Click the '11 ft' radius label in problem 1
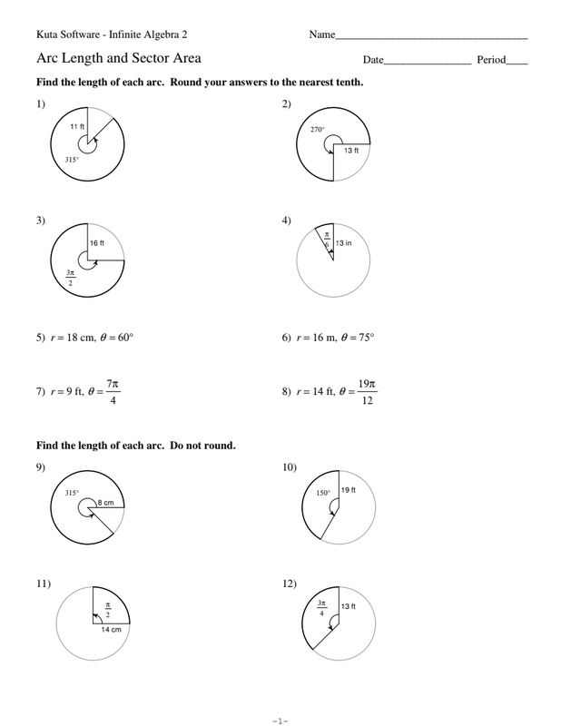pos(77,128)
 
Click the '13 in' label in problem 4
pos(343,243)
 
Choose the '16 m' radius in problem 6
pos(320,338)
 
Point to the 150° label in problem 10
pos(322,494)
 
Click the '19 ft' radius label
pos(349,491)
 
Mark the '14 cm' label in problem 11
pos(112,629)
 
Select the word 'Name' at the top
pos(322,35)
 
